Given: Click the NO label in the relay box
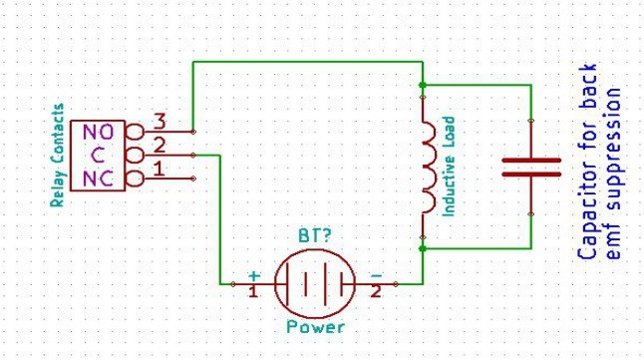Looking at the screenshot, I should pyautogui.click(x=98, y=132).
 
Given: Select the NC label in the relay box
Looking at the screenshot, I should pyautogui.click(x=98, y=179).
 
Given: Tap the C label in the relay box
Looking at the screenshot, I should pyautogui.click(x=98, y=156).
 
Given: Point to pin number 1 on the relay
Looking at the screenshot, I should pyautogui.click(x=157, y=169).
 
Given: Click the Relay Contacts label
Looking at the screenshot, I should pyautogui.click(x=58, y=155).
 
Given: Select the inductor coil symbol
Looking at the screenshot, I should pyautogui.click(x=428, y=168).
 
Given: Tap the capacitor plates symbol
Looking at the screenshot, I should pyautogui.click(x=530, y=167).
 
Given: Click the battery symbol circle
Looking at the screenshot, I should pyautogui.click(x=315, y=284).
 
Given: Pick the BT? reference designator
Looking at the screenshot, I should pyautogui.click(x=315, y=237).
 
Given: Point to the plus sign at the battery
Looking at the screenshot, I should pyautogui.click(x=254, y=274).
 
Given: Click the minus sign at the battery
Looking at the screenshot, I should pyautogui.click(x=376, y=274).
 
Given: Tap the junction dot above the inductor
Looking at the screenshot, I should pyautogui.click(x=423, y=85).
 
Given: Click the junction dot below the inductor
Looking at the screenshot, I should pyautogui.click(x=423, y=248).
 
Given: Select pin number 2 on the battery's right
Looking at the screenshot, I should pyautogui.click(x=376, y=292).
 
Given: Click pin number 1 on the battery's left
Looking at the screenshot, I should pyautogui.click(x=253, y=292).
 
